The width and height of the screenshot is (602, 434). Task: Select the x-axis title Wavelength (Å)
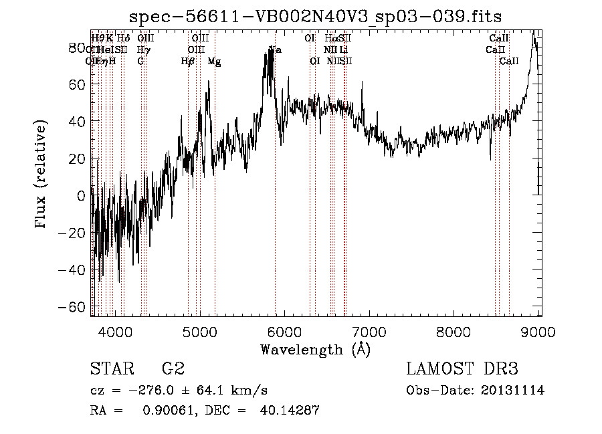[x=315, y=349]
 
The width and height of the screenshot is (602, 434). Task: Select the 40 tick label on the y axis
[x=79, y=122]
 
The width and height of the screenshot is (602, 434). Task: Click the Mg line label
[x=214, y=62]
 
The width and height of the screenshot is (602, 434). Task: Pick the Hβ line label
[x=188, y=62]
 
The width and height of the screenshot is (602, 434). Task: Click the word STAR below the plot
[x=111, y=369]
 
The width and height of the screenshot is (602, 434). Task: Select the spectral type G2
[x=173, y=369]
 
